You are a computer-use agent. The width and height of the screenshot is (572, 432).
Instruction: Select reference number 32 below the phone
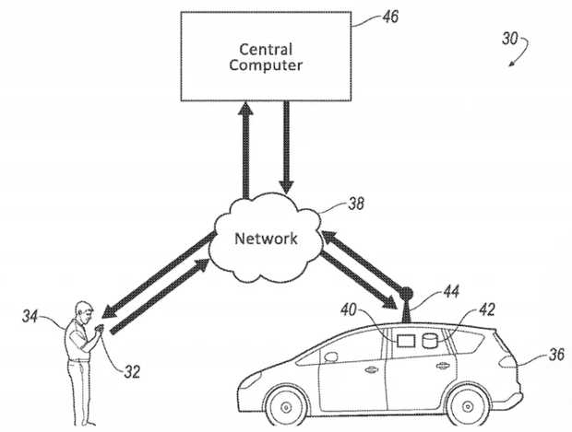[x=131, y=372]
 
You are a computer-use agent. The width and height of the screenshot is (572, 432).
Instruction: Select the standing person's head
[x=86, y=309]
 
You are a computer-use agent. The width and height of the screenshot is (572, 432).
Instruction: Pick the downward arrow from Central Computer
[x=286, y=148]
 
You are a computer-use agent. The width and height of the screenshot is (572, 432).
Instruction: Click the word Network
[x=267, y=239]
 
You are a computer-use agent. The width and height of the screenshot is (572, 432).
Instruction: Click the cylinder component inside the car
[x=428, y=342]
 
